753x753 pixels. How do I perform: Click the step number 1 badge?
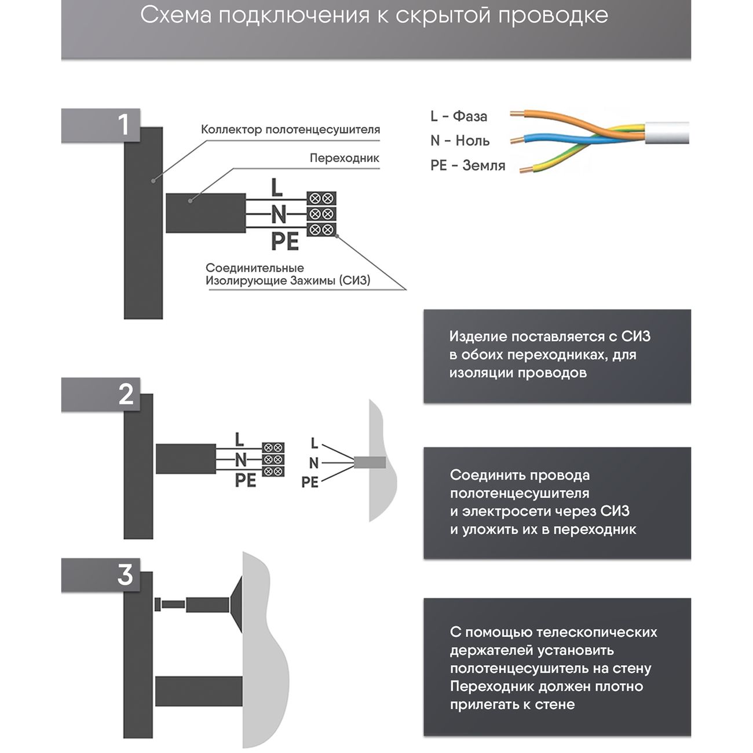123,125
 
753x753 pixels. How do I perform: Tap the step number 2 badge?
126,394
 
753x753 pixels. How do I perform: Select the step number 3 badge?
125,575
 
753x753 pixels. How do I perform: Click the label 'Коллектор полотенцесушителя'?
290,130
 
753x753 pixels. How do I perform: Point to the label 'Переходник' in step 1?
344,158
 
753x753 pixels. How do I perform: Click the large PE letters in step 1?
284,241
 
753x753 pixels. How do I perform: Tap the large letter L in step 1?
277,187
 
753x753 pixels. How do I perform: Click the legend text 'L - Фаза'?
458,116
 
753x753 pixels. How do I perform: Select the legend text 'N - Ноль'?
460,141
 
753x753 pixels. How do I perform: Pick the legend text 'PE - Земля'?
467,166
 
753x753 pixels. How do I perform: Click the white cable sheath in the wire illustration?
666,133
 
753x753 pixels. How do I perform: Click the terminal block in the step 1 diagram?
321,214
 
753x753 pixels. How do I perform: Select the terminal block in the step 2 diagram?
273,460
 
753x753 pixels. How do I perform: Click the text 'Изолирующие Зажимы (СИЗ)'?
288,281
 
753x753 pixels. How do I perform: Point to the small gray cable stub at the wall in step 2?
370,462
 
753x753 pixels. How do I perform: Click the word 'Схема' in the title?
176,16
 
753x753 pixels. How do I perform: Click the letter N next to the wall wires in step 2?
313,463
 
